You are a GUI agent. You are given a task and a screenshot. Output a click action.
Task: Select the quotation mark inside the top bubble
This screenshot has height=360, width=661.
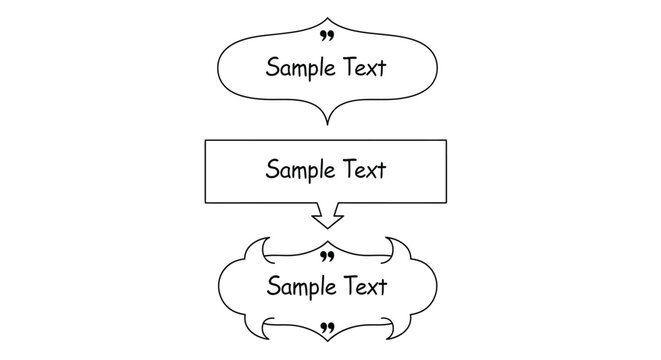point(326,37)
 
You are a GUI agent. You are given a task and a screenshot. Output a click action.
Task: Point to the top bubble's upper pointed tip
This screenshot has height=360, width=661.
point(326,18)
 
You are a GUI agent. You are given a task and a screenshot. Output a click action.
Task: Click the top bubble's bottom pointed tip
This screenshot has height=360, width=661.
point(326,124)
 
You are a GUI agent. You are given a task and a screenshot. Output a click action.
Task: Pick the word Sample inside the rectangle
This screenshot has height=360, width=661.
point(298,170)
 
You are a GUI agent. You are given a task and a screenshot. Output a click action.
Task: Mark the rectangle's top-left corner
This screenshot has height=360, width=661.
point(205,141)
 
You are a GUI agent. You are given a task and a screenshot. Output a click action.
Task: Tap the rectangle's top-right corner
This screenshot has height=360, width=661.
point(447,141)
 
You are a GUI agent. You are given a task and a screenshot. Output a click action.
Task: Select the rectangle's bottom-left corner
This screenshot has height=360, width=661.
point(205,203)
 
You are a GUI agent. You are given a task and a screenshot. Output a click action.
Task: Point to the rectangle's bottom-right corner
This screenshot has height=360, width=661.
point(447,203)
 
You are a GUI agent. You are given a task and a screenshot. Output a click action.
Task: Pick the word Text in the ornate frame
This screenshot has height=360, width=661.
point(364,287)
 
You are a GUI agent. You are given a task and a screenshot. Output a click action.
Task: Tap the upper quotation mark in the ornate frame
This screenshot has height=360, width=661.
point(326,257)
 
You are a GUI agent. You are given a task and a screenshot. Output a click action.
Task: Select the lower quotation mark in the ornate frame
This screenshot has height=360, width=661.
point(326,327)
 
